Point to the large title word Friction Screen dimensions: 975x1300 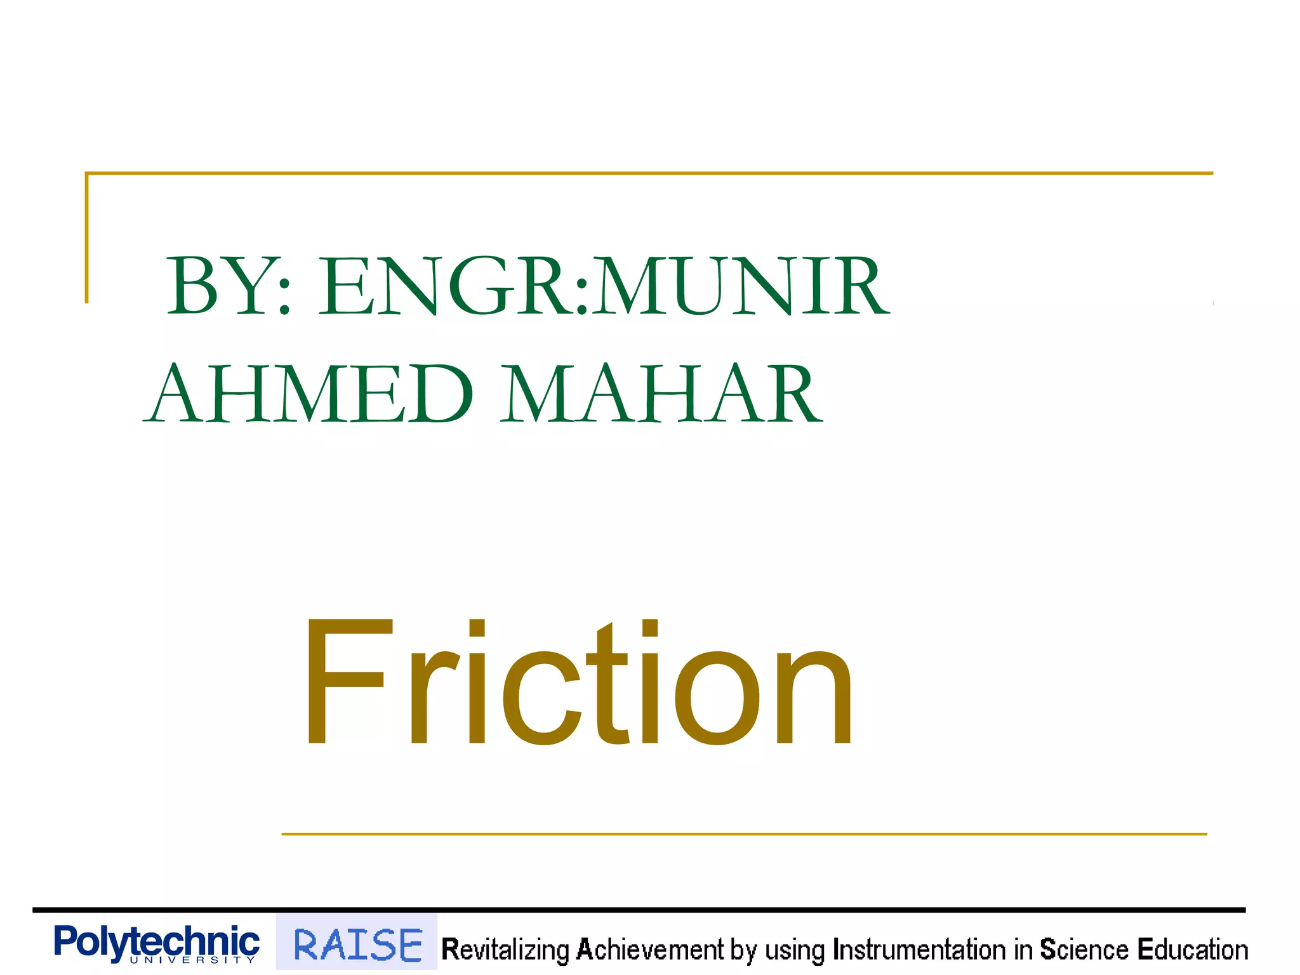[x=578, y=682]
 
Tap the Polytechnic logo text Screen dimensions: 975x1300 [x=157, y=941]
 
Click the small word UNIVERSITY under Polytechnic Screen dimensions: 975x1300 [x=192, y=960]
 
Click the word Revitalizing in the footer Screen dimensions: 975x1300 [x=505, y=950]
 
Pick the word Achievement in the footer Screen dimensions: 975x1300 [x=649, y=950]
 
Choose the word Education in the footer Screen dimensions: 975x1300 [x=1193, y=950]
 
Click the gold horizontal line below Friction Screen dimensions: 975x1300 [x=743, y=834]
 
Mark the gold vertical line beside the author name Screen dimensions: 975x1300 [x=87, y=238]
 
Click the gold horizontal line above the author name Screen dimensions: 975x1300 [x=647, y=173]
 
